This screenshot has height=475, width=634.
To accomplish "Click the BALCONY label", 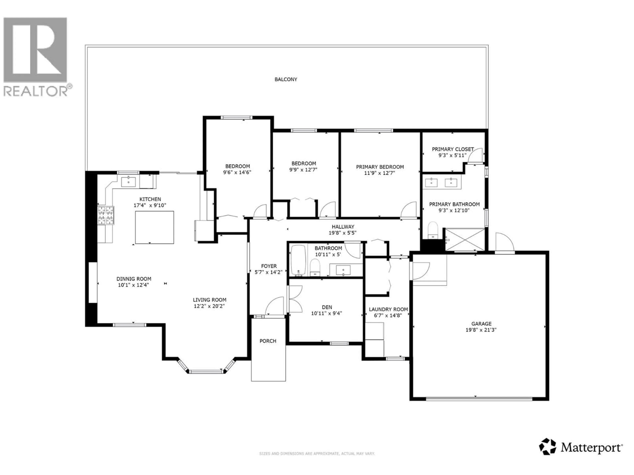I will pyautogui.click(x=286, y=79).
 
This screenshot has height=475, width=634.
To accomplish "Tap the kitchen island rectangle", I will pyautogui.click(x=155, y=227).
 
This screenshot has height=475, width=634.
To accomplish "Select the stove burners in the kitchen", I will pyautogui.click(x=106, y=215).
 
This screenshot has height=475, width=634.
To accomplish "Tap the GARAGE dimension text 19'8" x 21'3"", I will pyautogui.click(x=481, y=330).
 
